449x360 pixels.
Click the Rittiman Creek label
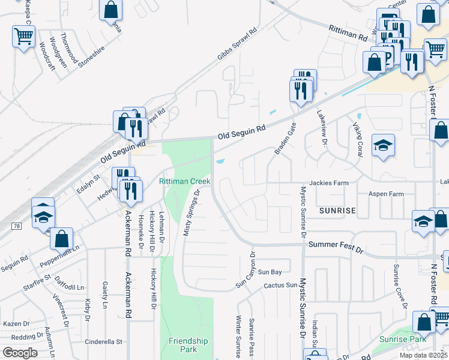coord(184,181)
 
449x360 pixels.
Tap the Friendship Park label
coord(188,345)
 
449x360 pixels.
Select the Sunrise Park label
coord(402,340)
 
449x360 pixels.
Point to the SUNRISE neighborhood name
coord(337,211)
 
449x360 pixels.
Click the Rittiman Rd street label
coord(348,32)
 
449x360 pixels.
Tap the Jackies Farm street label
coord(329,182)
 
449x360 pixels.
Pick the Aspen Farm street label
coord(386,194)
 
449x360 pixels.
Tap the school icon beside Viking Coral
coord(383,146)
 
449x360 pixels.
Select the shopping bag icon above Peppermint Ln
coord(62,238)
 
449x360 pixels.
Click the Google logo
coord(20,352)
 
